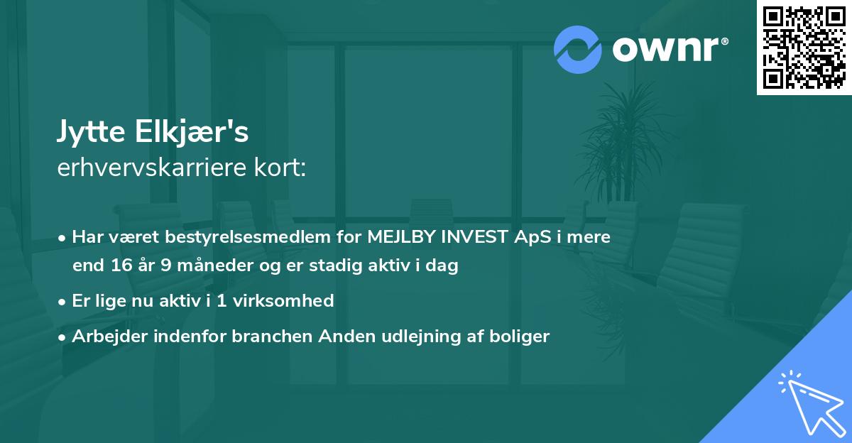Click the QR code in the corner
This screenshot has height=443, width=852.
pos(804,48)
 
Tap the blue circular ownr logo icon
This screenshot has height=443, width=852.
pos(577,49)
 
